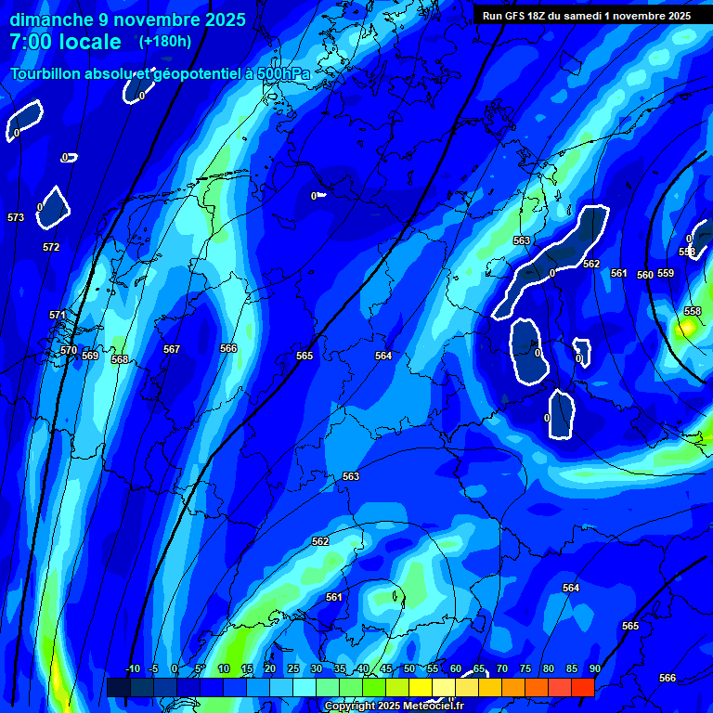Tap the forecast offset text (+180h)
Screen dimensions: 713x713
[x=164, y=42]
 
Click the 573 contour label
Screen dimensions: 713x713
[x=16, y=217]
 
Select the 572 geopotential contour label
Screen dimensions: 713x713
[x=51, y=247]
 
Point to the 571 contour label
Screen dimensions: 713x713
[x=58, y=315]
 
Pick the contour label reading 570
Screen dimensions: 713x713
[x=69, y=350]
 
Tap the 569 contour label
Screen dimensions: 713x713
[x=90, y=356]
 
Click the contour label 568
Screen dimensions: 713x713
[x=120, y=359]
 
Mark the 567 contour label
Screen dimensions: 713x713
[x=172, y=349]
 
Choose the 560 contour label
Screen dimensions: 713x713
[x=645, y=275]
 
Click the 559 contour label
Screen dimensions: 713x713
[x=666, y=273]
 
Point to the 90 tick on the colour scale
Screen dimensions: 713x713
[x=594, y=668]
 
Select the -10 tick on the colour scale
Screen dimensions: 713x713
[x=132, y=668]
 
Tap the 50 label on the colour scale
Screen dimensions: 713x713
[x=409, y=668]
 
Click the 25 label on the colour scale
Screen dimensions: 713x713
[x=293, y=668]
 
